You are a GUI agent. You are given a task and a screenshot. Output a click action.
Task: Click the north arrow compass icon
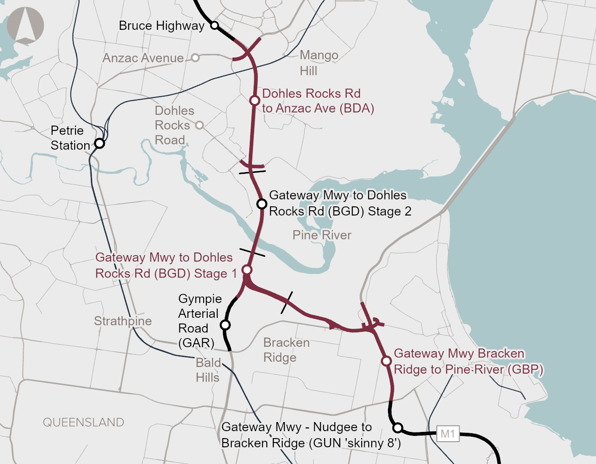click(x=25, y=25)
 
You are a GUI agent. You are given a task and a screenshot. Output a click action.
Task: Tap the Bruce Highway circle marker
click(x=215, y=25)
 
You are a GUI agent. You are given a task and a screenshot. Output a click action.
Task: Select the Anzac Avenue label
click(x=143, y=58)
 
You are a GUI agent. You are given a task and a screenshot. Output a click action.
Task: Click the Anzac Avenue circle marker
click(x=195, y=58)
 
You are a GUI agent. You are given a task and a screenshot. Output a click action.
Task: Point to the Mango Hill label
click(x=319, y=63)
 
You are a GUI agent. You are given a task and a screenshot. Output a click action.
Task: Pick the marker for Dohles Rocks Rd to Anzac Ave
click(x=255, y=101)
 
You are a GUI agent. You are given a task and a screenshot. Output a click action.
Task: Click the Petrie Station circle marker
click(x=100, y=143)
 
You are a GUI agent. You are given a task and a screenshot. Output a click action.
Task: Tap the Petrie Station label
click(x=70, y=138)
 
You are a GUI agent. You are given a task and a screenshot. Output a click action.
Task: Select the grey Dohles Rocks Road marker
click(x=199, y=125)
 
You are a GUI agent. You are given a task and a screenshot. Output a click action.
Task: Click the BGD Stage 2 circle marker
click(x=262, y=204)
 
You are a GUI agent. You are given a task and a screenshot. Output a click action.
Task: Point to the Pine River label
click(x=322, y=235)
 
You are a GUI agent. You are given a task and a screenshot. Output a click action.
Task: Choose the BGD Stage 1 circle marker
click(x=247, y=270)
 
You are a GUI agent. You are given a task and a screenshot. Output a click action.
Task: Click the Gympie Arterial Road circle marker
click(x=225, y=325)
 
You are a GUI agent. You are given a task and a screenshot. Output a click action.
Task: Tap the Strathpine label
click(x=122, y=321)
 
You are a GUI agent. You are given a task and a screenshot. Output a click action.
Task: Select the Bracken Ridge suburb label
click(x=286, y=350)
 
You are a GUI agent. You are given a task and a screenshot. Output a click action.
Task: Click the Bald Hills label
click(x=208, y=370)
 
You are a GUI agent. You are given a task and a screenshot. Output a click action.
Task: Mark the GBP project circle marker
click(x=386, y=361)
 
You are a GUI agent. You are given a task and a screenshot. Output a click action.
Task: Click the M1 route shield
click(x=448, y=434)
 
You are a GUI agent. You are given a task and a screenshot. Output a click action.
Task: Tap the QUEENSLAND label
click(x=83, y=422)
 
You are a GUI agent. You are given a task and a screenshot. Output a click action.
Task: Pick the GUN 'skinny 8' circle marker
click(x=398, y=428)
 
